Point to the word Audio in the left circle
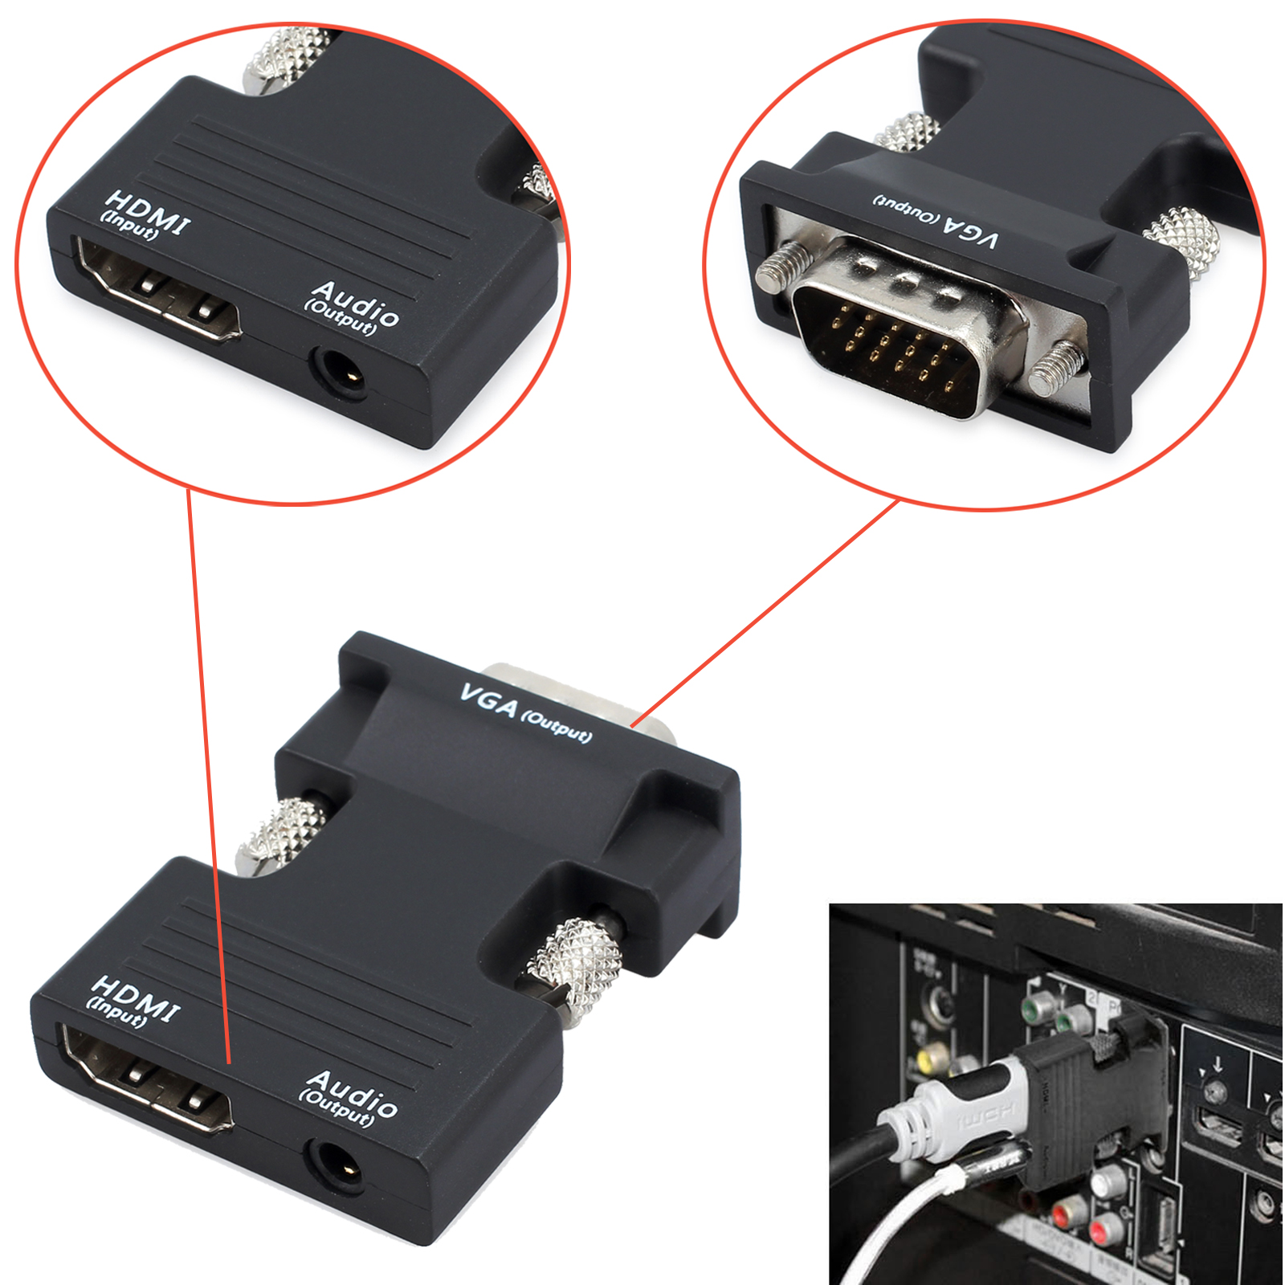(x=357, y=302)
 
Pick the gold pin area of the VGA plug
(x=891, y=353)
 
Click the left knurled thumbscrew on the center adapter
(x=281, y=835)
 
